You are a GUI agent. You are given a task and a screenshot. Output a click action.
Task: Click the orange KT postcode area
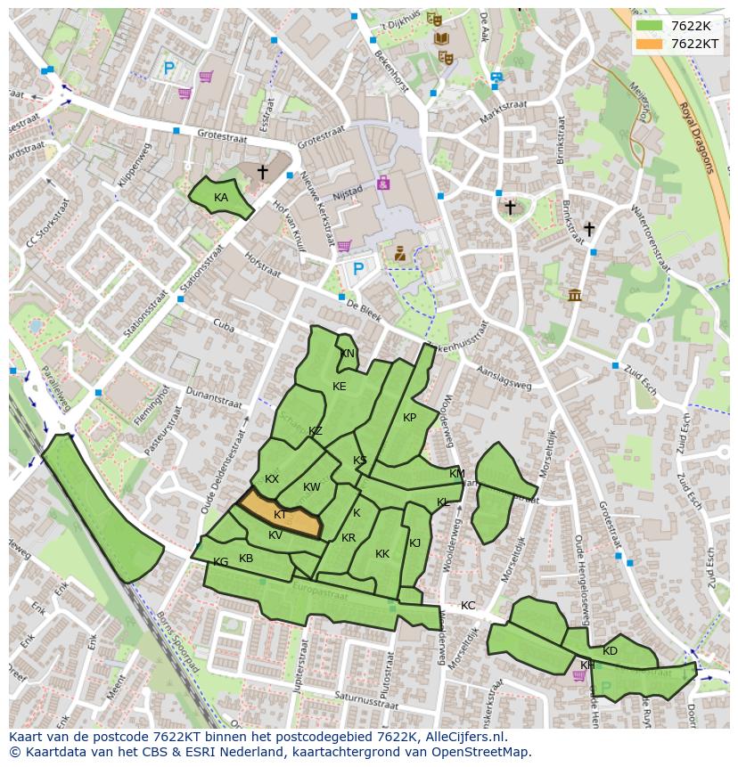(281, 515)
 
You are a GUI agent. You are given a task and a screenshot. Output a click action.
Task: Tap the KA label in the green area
(221, 198)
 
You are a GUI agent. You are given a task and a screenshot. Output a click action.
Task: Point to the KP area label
(409, 418)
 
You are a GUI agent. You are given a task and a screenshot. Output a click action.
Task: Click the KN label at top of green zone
(347, 354)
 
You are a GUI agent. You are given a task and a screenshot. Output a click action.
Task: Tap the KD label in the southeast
(610, 651)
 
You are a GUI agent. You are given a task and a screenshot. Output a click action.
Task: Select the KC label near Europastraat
(468, 606)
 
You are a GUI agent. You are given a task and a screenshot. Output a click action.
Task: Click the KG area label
(220, 562)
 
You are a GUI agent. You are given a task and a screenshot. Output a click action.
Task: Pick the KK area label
(382, 554)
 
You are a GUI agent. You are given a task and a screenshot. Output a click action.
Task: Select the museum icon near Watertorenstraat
(574, 295)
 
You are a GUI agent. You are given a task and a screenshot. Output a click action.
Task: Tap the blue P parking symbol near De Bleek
(358, 268)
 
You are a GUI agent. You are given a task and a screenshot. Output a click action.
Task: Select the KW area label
(311, 487)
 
